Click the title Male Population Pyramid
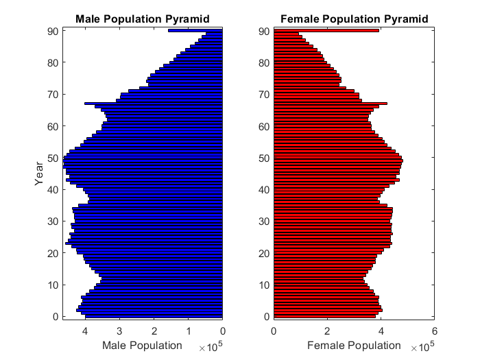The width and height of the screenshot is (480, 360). tap(143, 19)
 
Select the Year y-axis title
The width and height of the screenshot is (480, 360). tap(40, 174)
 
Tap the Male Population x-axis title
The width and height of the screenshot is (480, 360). tap(142, 345)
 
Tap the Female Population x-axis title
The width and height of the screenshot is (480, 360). tap(353, 345)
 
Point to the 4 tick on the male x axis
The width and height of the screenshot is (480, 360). tap(85, 331)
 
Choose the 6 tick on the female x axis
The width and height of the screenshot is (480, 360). tap(434, 331)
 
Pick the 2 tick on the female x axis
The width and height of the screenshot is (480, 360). tap(327, 331)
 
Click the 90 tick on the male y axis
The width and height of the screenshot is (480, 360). tap(52, 31)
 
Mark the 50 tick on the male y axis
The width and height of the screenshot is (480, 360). tap(52, 158)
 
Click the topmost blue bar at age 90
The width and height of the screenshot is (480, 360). tap(195, 30)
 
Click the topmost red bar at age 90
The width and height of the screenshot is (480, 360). tap(326, 30)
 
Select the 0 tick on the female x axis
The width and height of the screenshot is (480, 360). tap(274, 331)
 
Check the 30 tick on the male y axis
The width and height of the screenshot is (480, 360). tap(52, 221)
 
